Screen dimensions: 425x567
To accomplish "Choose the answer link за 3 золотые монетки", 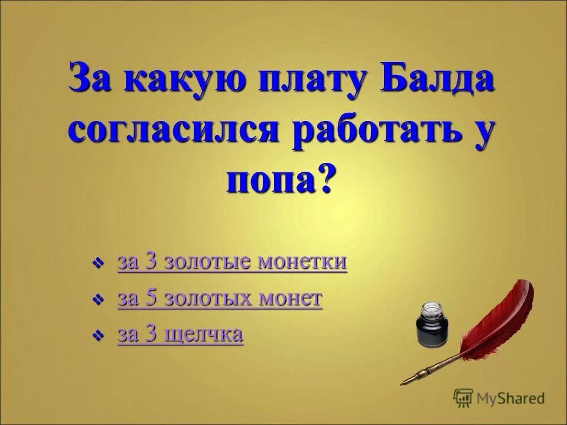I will [x=232, y=261].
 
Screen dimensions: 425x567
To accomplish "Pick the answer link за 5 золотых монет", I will [x=220, y=298].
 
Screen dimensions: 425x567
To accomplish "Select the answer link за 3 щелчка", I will [x=180, y=334].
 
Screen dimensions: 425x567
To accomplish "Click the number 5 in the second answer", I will [x=151, y=298].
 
